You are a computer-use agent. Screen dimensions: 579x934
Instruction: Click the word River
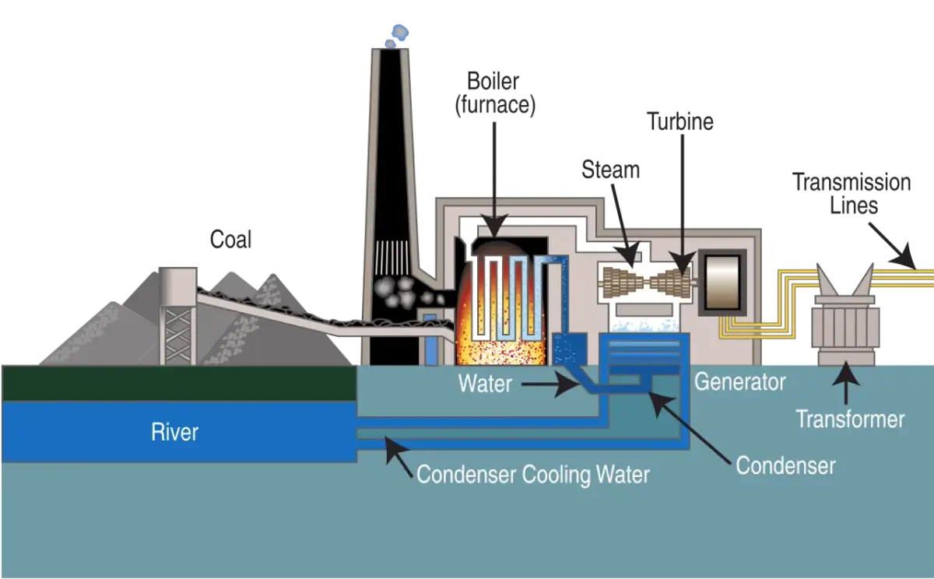pyautogui.click(x=175, y=432)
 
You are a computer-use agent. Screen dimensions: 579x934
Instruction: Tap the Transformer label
pyautogui.click(x=850, y=419)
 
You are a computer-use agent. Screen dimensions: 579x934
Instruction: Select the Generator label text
pyautogui.click(x=739, y=382)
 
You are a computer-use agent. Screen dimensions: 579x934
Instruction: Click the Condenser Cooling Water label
pyautogui.click(x=533, y=474)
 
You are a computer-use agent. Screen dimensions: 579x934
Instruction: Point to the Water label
pyautogui.click(x=485, y=384)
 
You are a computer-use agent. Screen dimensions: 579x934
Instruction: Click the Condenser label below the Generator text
pyautogui.click(x=785, y=465)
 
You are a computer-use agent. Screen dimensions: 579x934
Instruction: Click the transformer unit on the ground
pyautogui.click(x=846, y=323)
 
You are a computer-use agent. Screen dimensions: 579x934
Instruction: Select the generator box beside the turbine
pyautogui.click(x=726, y=281)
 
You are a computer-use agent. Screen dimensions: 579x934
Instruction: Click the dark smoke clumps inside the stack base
pyautogui.click(x=398, y=293)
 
